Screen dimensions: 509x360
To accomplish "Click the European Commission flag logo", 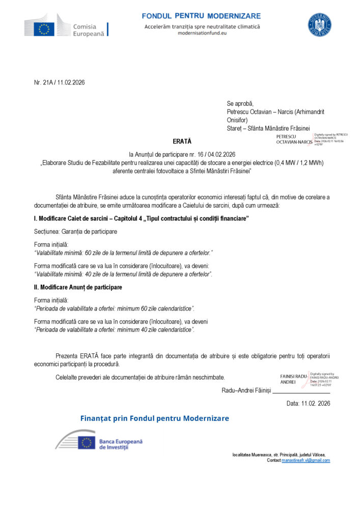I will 44,30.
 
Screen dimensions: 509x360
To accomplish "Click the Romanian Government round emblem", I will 319,25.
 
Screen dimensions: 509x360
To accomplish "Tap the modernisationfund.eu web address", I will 202,33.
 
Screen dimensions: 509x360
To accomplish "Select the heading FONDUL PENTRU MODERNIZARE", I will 201,16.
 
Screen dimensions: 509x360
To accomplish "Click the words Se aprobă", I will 240,103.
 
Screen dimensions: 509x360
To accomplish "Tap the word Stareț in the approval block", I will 235,128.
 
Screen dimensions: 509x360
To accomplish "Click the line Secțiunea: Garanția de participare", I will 75,232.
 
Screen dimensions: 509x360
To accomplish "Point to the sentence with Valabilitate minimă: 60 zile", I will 123,252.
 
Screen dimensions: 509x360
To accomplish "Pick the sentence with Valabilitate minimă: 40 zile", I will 123,274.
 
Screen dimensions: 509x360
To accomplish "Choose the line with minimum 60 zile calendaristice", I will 114,308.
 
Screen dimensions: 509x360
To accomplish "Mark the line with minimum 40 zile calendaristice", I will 114,330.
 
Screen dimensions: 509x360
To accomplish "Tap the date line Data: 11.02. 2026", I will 309,403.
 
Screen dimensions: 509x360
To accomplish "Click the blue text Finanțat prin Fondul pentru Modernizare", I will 155,418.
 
